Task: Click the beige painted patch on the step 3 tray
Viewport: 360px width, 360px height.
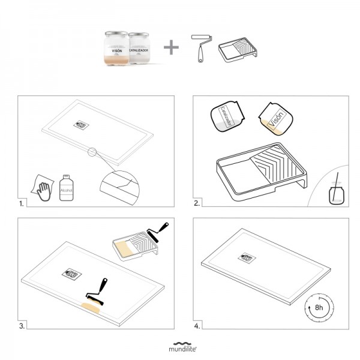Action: [x=91, y=309]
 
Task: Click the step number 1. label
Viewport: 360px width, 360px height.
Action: [x=23, y=203]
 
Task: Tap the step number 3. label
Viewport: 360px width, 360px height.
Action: [x=23, y=326]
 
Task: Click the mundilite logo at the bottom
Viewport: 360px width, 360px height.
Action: [x=180, y=346]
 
